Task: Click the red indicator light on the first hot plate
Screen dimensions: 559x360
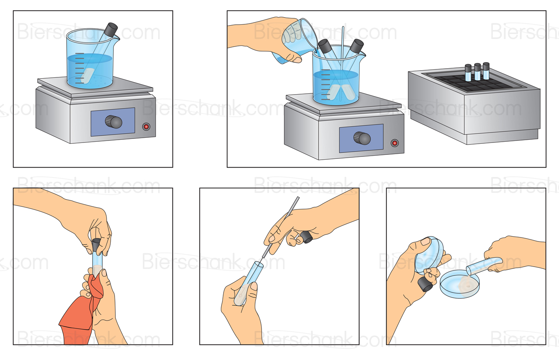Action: [146, 127]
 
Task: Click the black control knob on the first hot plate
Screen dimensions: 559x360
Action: [113, 122]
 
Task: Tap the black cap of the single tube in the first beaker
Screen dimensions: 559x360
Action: [111, 29]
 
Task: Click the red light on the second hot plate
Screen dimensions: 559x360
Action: [394, 143]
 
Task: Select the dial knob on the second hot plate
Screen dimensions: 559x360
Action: [362, 138]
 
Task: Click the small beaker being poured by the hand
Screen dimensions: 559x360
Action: [297, 40]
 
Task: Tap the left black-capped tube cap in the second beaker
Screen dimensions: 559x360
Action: [325, 47]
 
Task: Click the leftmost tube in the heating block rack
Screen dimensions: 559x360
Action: [468, 73]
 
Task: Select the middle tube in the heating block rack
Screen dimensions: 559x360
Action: [478, 71]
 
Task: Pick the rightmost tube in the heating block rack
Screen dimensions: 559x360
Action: [486, 71]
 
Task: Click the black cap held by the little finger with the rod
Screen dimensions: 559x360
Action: [307, 237]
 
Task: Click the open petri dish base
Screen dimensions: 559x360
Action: [460, 284]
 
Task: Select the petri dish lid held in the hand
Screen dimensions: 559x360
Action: [429, 255]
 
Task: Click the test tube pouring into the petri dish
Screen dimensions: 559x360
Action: [484, 265]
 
